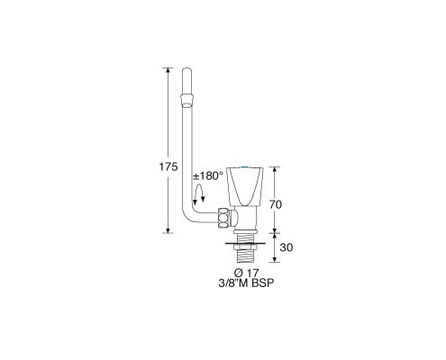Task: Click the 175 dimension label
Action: [x=168, y=166]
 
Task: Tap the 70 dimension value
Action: [x=276, y=204]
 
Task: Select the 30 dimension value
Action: [x=286, y=247]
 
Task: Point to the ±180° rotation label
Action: [x=208, y=176]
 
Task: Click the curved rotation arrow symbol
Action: [x=198, y=194]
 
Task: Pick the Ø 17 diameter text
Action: [x=246, y=274]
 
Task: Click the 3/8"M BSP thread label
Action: [x=246, y=283]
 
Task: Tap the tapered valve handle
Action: [x=245, y=186]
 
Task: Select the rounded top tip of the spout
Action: [x=187, y=69]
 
